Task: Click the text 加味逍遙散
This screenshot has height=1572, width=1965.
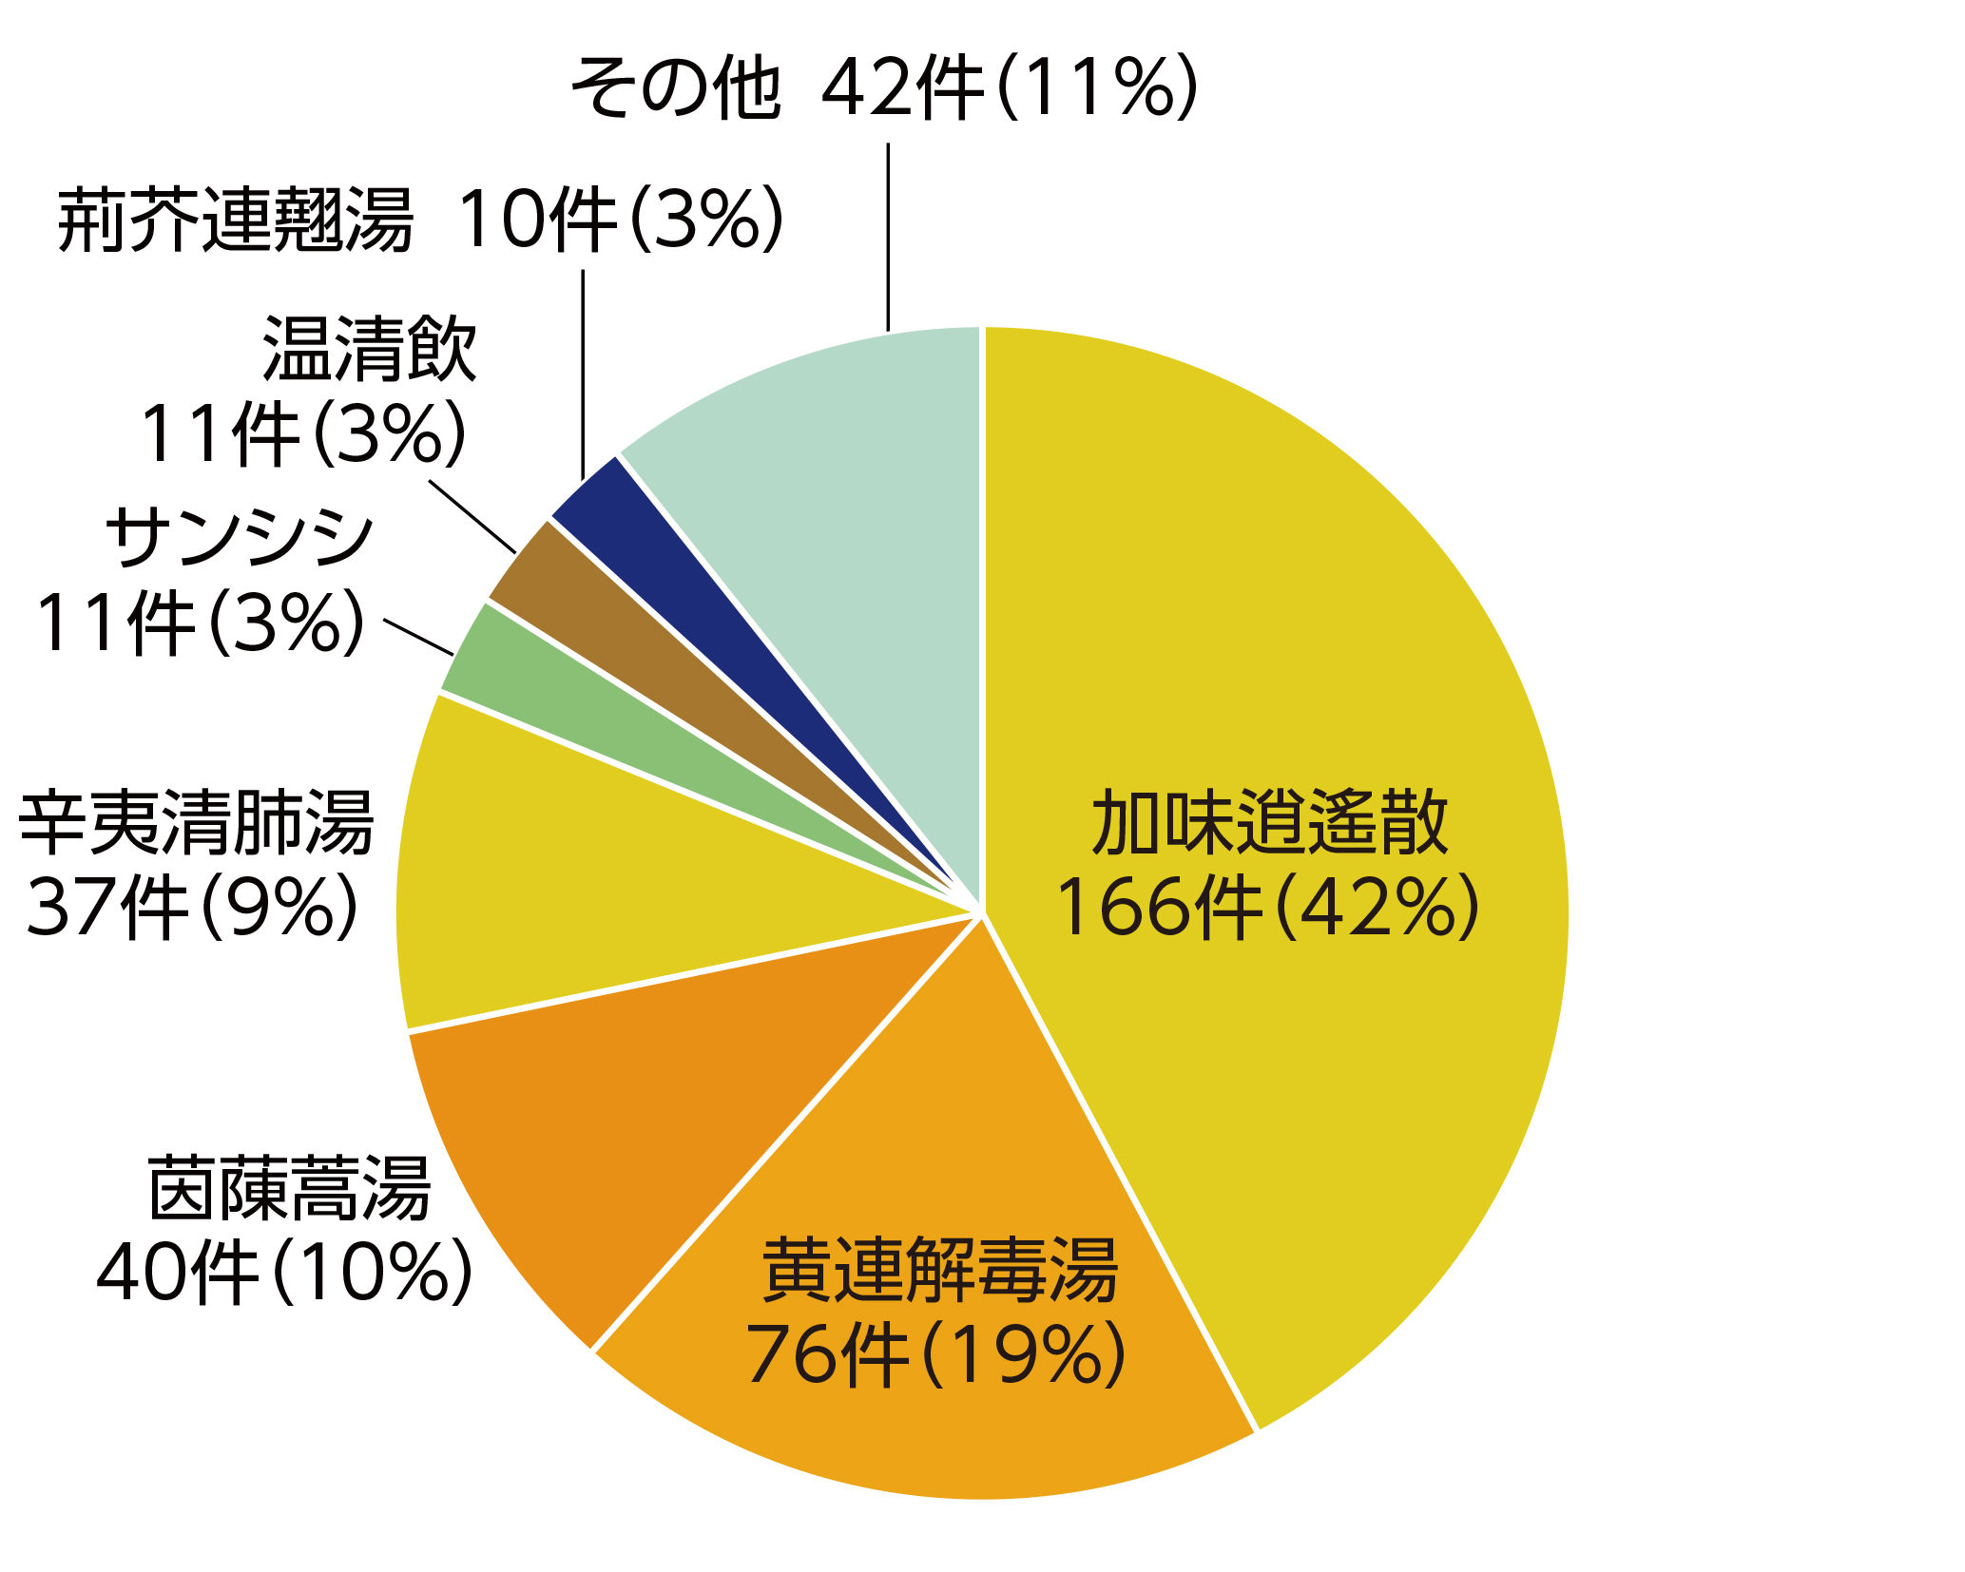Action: click(1270, 823)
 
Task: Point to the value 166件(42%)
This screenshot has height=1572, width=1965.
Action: click(1268, 909)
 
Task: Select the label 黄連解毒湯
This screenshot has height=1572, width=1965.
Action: click(940, 1270)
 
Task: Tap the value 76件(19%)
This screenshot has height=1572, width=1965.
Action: click(936, 1355)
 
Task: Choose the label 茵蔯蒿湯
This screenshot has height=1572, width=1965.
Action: click(290, 1188)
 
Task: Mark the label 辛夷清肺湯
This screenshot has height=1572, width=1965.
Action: click(197, 823)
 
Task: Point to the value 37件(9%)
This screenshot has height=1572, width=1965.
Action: click(193, 908)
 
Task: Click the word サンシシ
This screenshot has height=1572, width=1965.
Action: click(241, 538)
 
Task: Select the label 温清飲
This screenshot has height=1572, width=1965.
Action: click(370, 350)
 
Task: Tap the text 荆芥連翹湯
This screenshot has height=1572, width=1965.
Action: click(236, 220)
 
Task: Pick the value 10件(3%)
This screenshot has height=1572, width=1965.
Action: click(622, 220)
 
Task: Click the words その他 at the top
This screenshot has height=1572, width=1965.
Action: click(676, 88)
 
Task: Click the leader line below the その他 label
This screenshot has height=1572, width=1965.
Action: click(888, 238)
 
